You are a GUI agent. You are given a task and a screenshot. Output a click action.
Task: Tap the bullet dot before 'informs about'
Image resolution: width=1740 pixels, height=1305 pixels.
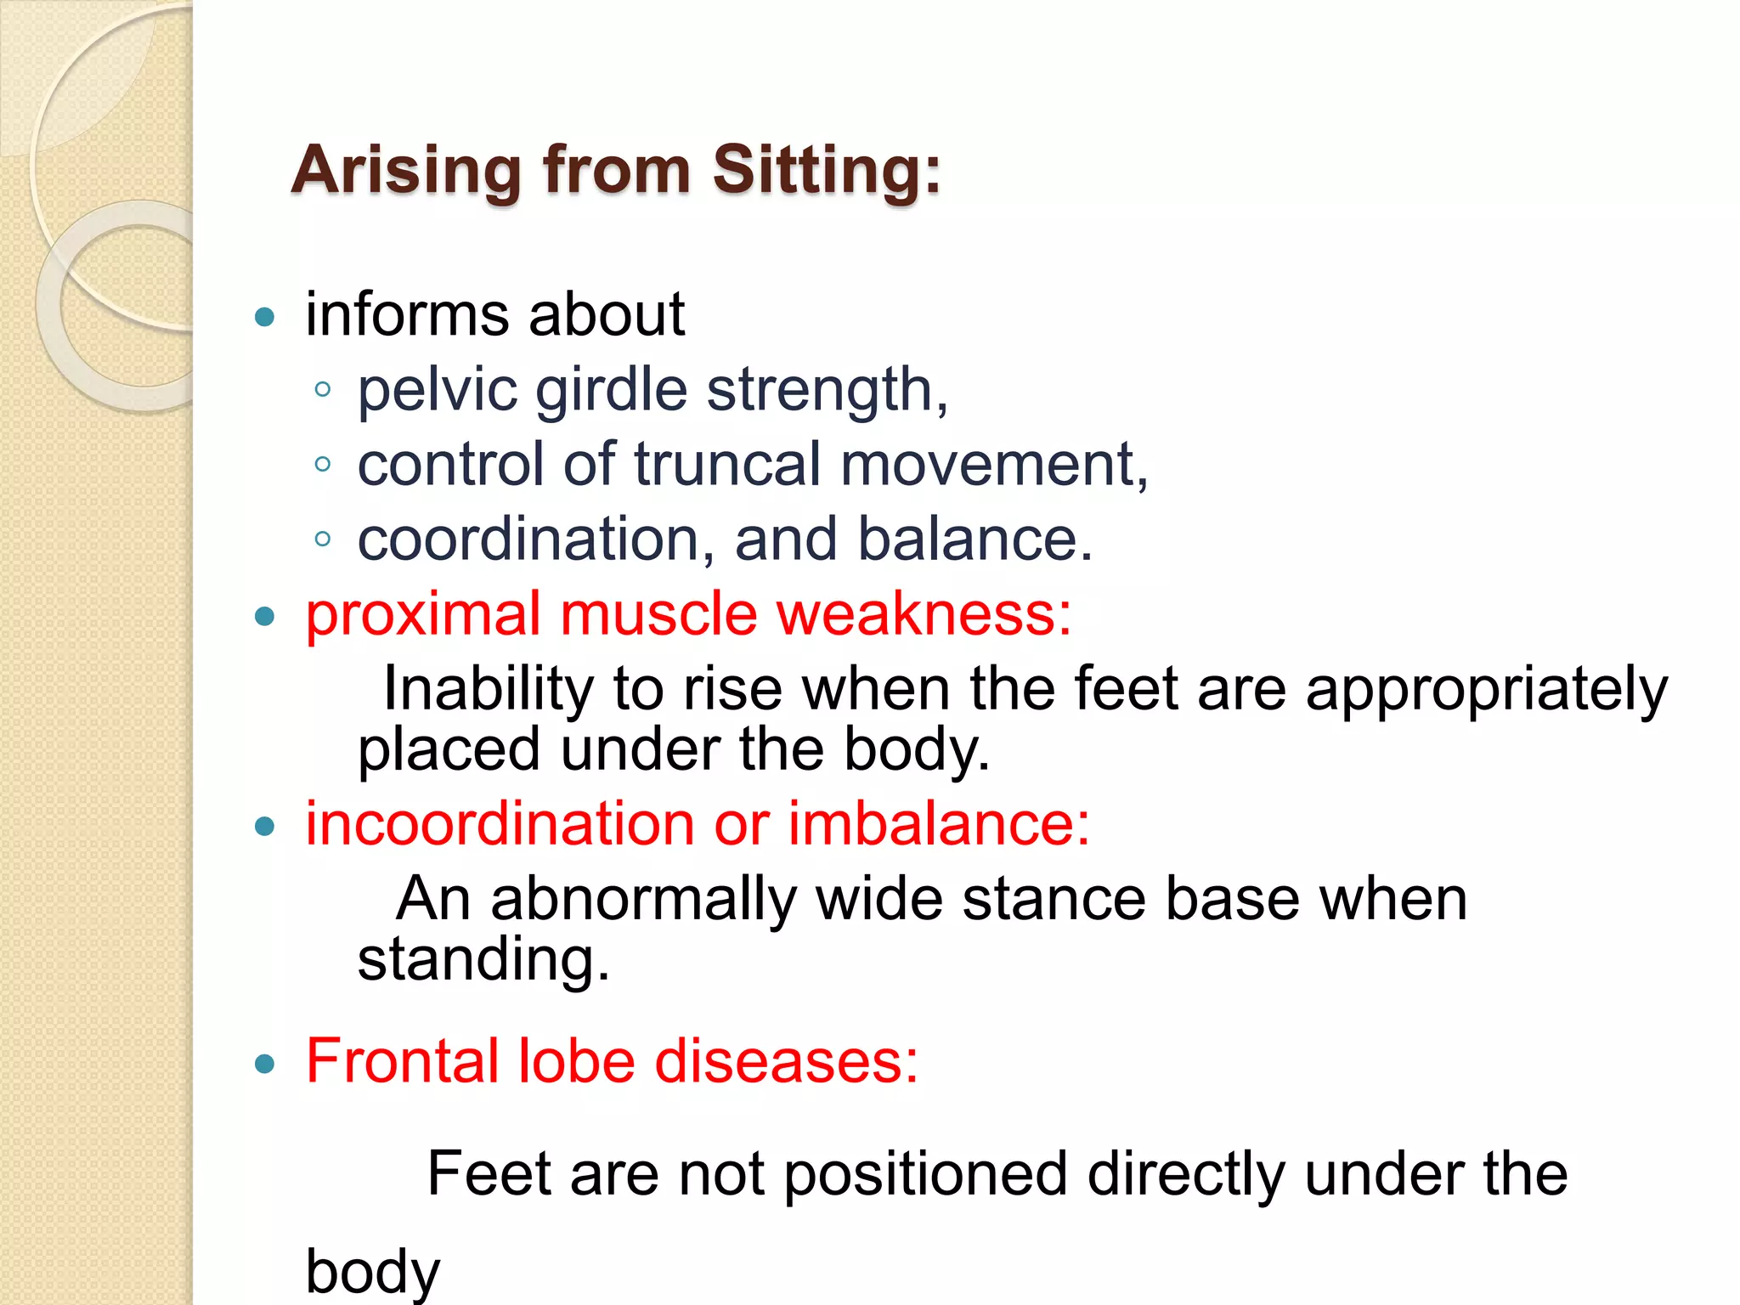pos(265,318)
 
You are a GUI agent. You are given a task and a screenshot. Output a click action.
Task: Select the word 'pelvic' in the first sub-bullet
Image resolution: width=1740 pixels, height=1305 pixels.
pos(437,390)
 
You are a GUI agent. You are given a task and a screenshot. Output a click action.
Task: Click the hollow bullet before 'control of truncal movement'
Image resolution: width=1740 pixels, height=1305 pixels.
pos(322,464)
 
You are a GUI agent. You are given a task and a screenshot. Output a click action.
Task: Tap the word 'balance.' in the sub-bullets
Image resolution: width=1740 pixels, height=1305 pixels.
pos(975,540)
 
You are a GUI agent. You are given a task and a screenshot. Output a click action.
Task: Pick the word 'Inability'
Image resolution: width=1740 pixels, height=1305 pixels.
pos(488,688)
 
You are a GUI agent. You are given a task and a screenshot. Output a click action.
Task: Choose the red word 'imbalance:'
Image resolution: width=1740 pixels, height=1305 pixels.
pos(939,824)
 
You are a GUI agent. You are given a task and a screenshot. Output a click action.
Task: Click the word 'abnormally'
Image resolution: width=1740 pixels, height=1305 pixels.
pos(643,900)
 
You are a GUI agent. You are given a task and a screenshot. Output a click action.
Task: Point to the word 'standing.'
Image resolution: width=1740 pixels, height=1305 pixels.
pos(483,960)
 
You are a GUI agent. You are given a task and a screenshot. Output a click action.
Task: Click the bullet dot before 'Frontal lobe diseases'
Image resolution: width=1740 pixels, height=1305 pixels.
pos(265,1063)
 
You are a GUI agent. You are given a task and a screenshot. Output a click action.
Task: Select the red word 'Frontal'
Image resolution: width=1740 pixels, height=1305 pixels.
pos(402,1061)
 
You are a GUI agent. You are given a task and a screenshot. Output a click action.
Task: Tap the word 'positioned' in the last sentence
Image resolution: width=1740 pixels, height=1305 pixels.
pos(924,1175)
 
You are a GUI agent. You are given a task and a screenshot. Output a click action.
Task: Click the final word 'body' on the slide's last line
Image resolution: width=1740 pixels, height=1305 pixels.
pos(373,1272)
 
